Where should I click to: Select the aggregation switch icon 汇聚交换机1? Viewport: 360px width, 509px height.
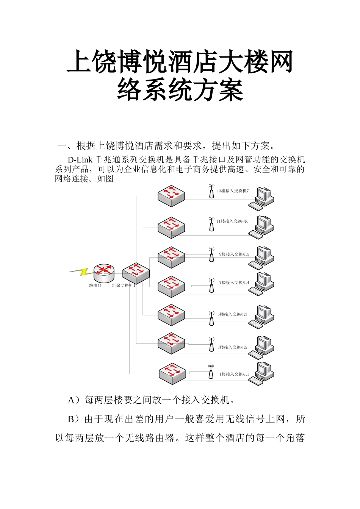click(x=136, y=273)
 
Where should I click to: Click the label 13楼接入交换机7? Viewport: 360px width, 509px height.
click(x=233, y=191)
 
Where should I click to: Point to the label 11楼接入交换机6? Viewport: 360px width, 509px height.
click(x=232, y=222)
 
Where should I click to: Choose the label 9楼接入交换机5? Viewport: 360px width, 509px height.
click(x=234, y=254)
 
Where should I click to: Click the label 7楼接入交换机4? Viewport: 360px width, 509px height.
click(x=234, y=283)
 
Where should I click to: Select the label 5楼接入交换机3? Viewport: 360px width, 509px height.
click(x=232, y=314)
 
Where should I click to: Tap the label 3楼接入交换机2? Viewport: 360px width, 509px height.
click(x=232, y=347)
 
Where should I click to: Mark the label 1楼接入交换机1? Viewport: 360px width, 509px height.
click(x=234, y=374)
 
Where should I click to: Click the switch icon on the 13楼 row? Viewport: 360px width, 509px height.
click(x=171, y=196)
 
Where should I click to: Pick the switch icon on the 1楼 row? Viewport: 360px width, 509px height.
click(x=172, y=374)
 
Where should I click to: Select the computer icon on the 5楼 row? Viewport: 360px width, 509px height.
click(x=261, y=317)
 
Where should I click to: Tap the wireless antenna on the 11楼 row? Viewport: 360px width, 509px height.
click(x=212, y=224)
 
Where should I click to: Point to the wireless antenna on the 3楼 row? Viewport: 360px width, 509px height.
click(x=212, y=345)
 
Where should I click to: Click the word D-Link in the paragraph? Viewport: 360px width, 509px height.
click(x=80, y=160)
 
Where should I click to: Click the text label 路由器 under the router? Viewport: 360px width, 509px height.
click(x=95, y=286)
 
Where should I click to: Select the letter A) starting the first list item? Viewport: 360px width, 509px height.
click(x=73, y=400)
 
